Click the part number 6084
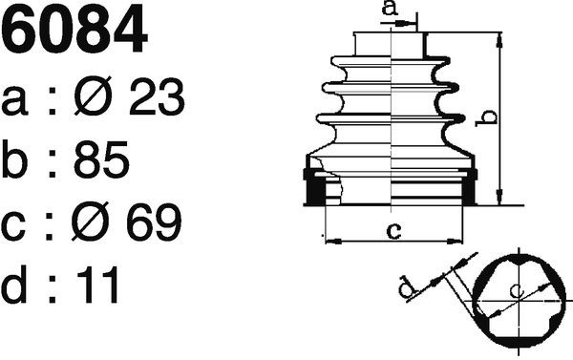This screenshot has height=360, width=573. click(x=74, y=30)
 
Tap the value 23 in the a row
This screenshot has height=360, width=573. click(x=157, y=96)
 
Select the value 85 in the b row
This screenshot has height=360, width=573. click(x=101, y=159)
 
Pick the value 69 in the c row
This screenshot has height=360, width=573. click(x=154, y=222)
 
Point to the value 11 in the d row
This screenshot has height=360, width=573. click(x=96, y=285)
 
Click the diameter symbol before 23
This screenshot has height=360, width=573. click(x=93, y=95)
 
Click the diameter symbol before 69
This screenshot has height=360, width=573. click(x=91, y=222)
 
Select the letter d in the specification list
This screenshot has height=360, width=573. click(x=13, y=285)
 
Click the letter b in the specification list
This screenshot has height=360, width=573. click(x=14, y=159)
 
